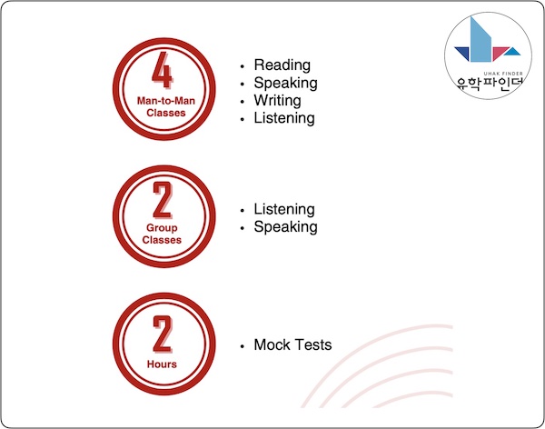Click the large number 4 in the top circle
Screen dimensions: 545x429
tap(162, 70)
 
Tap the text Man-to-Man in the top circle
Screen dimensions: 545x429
tap(166, 101)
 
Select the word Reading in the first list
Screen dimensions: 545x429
tap(282, 65)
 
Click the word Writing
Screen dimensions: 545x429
tap(277, 101)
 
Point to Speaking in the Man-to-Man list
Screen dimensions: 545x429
tap(285, 83)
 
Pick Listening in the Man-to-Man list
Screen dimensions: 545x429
tap(284, 118)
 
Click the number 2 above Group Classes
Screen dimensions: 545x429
tap(163, 200)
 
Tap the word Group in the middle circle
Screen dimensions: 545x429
tap(162, 228)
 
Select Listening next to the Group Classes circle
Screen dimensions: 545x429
tap(284, 209)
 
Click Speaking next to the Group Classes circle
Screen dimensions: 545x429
tap(285, 227)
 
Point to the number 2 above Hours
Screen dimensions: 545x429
tap(163, 334)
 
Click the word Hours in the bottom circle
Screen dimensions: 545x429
tap(162, 364)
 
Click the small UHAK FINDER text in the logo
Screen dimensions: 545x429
tap(503, 74)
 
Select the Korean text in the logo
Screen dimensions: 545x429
tap(490, 84)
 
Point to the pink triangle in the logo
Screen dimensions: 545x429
tap(499, 52)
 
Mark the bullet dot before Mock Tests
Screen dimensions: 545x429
tap(242, 346)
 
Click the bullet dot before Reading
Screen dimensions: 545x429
tap(242, 66)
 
